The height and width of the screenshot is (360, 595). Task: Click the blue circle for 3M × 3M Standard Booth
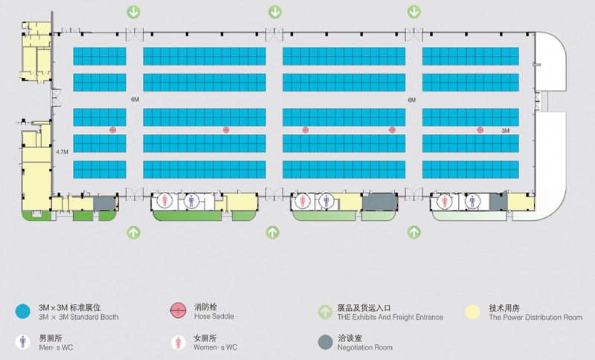[x=23, y=312]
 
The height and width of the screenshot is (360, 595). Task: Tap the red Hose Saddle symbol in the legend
[x=178, y=311]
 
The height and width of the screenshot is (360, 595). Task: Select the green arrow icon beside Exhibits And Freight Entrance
[x=325, y=312]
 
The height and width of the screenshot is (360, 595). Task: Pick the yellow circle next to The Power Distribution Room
[x=473, y=312]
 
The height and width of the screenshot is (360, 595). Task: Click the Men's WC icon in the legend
[x=23, y=342]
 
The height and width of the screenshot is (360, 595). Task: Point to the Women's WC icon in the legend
[x=178, y=342]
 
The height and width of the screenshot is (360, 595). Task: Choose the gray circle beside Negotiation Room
[x=325, y=342]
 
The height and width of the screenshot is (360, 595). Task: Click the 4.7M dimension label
[x=62, y=152]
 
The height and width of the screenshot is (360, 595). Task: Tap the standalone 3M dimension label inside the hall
[x=506, y=130]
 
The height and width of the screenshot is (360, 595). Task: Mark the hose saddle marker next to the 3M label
[x=480, y=129]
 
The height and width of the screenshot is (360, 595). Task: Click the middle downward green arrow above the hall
[x=275, y=12]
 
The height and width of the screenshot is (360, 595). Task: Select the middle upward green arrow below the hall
[x=272, y=232]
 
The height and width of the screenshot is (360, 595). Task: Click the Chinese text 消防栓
[x=206, y=307]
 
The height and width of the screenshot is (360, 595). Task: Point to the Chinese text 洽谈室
[x=350, y=338]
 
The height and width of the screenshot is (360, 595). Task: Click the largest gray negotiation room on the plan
[x=380, y=202]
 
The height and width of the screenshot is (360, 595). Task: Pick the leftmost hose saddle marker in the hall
[x=113, y=129]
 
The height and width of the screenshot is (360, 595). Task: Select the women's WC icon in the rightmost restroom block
[x=444, y=201]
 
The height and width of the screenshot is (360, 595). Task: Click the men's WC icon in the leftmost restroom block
[x=191, y=201]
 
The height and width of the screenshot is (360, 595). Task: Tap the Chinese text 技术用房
[x=504, y=308]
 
